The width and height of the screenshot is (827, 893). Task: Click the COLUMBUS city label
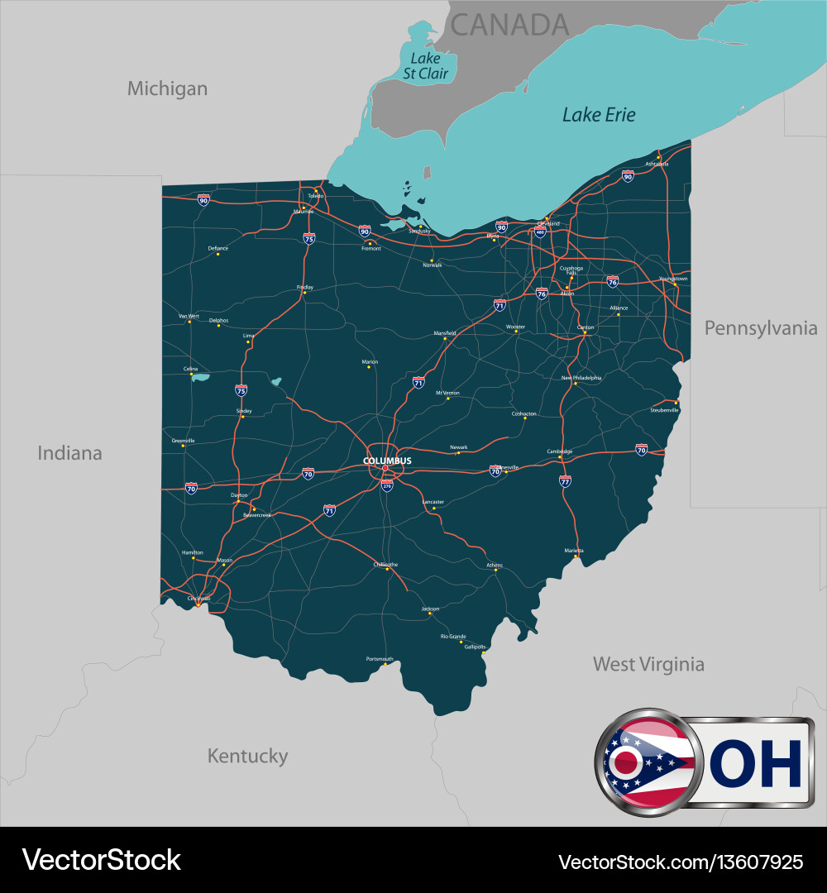click(387, 461)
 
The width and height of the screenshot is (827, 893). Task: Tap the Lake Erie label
click(599, 115)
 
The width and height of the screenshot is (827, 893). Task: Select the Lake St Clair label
click(425, 66)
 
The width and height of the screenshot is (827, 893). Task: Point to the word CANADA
click(509, 25)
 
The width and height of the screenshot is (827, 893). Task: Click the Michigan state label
click(167, 88)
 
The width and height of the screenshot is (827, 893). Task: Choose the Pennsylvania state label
click(760, 328)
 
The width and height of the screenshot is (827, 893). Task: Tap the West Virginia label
click(648, 664)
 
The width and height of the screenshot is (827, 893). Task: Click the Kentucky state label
click(247, 756)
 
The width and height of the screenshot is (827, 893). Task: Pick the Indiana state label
click(69, 453)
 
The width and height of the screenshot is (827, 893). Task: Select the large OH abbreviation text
click(756, 763)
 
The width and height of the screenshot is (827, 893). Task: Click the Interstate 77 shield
click(565, 480)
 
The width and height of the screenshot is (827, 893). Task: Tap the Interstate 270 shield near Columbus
click(387, 485)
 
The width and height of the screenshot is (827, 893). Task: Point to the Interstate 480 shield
click(541, 232)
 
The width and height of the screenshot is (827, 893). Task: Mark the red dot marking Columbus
click(385, 469)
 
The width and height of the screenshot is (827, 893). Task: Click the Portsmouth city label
click(380, 659)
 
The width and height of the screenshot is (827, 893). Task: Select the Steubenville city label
click(664, 410)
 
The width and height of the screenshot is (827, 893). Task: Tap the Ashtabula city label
click(657, 164)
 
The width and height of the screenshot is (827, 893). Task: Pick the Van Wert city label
click(189, 316)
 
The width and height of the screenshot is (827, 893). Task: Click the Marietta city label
click(574, 551)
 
